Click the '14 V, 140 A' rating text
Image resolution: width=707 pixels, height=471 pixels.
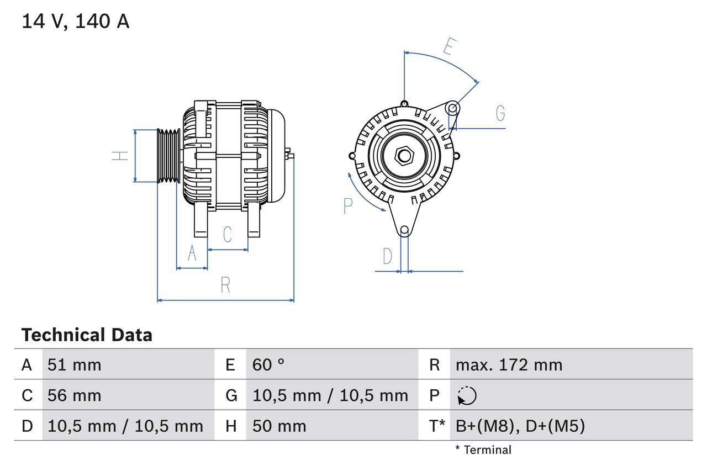pyautogui.click(x=76, y=22)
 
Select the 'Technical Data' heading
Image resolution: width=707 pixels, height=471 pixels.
pyautogui.click(x=87, y=335)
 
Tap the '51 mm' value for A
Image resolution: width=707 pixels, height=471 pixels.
pyautogui.click(x=75, y=364)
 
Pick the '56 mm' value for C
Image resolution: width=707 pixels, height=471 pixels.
pyautogui.click(x=75, y=395)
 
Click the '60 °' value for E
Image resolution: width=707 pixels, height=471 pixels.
pyautogui.click(x=268, y=364)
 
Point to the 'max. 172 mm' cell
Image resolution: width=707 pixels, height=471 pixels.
pyautogui.click(x=509, y=364)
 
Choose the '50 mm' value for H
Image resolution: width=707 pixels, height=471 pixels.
pyautogui.click(x=279, y=426)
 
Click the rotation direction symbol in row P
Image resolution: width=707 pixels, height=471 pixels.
pyautogui.click(x=467, y=395)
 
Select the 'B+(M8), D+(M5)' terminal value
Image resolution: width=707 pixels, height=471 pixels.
pyautogui.click(x=520, y=426)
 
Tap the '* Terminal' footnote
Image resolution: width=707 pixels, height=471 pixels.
pyautogui.click(x=483, y=450)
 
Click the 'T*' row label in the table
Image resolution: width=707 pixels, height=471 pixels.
pyautogui.click(x=437, y=426)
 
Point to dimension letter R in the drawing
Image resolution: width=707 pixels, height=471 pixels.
pyautogui.click(x=225, y=285)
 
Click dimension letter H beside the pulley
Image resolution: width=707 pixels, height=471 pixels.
pyautogui.click(x=120, y=156)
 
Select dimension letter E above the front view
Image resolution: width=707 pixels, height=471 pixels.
pyautogui.click(x=449, y=47)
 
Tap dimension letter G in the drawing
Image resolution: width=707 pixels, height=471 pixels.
pyautogui.click(x=500, y=113)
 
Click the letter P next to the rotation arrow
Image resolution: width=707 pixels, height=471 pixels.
pyautogui.click(x=347, y=206)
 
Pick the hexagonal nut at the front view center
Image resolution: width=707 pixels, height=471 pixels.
pyautogui.click(x=404, y=156)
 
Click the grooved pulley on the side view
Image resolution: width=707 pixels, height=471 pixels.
pyautogui.click(x=168, y=156)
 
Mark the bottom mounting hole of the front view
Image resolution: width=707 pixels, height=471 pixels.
pyautogui.click(x=404, y=230)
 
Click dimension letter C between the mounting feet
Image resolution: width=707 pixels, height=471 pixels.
pyautogui.click(x=228, y=235)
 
